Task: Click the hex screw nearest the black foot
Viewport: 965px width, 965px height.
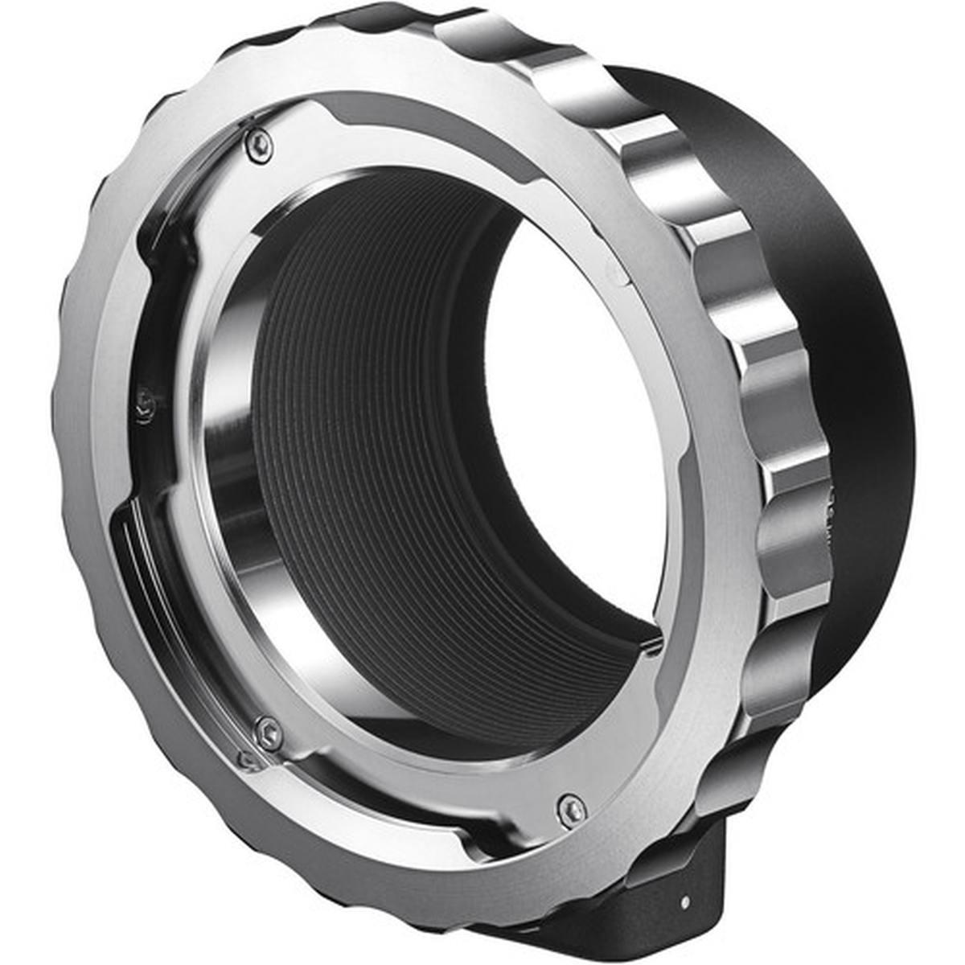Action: pyautogui.click(x=572, y=810)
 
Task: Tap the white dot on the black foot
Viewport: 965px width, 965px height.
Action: pyautogui.click(x=684, y=901)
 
